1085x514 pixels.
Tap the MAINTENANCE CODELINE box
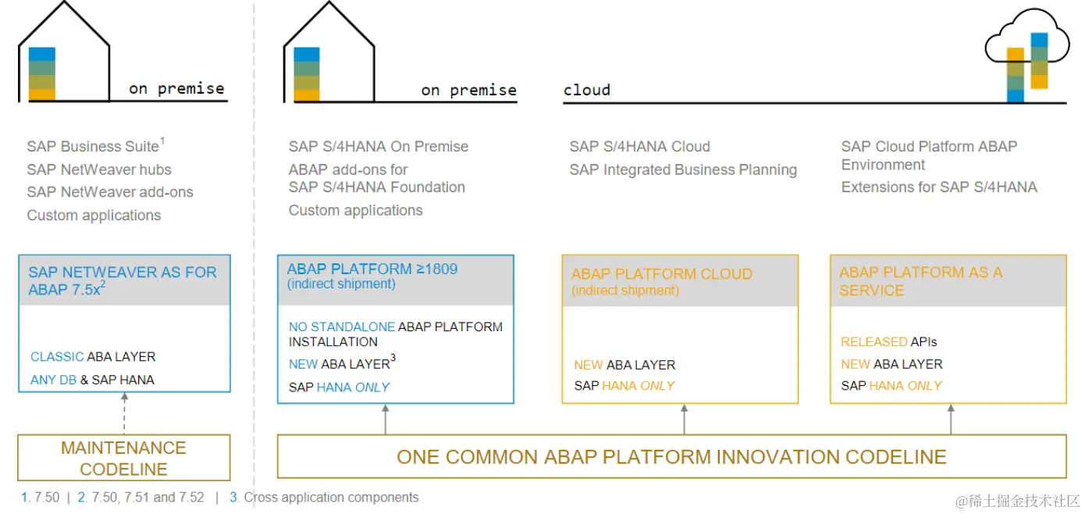(x=124, y=458)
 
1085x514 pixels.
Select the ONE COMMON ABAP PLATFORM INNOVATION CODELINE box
(x=671, y=457)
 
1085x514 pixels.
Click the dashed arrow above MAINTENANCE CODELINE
(x=124, y=413)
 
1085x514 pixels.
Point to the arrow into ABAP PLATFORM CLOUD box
(x=684, y=419)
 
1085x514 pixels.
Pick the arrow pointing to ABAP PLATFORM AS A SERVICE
(x=951, y=419)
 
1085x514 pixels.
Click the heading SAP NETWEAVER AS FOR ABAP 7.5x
(x=123, y=280)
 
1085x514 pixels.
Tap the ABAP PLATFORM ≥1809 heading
(x=372, y=269)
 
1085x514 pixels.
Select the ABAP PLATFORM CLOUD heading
(x=661, y=274)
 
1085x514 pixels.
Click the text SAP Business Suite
(x=94, y=146)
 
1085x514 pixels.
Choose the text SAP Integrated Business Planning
(x=683, y=170)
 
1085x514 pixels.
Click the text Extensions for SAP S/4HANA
(x=939, y=187)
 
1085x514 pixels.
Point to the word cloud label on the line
(x=587, y=90)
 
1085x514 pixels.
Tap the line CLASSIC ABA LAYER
(x=93, y=357)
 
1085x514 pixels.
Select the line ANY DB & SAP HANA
(x=92, y=380)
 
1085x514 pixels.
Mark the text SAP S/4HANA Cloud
(x=639, y=146)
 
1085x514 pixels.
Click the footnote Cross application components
(x=331, y=498)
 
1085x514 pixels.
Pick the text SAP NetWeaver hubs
(x=98, y=170)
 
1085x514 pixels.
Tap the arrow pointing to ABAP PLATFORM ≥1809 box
(x=386, y=419)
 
